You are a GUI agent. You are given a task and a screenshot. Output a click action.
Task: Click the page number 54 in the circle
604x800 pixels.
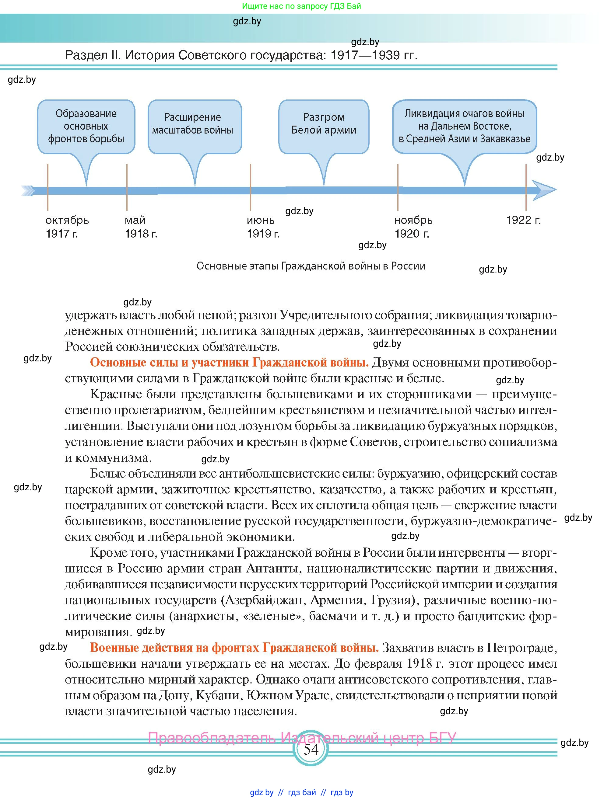coord(311,750)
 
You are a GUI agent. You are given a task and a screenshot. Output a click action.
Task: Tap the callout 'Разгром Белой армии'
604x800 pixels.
coord(324,124)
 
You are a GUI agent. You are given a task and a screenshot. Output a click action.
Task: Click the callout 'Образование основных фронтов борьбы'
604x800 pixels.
coord(86,126)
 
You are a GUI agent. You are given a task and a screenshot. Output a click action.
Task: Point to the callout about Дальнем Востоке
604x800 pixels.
coord(464,126)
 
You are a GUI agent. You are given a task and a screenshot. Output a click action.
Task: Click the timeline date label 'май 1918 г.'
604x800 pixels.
coord(140,227)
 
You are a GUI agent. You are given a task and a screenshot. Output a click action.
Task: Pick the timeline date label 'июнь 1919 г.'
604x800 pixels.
coord(263,227)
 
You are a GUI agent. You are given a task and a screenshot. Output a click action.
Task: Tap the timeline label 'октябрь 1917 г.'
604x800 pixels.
coord(67,227)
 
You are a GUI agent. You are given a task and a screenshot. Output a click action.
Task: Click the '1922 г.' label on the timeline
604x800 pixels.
coord(523,220)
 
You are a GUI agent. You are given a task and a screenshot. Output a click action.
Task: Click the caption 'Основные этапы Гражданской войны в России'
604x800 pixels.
coord(311,266)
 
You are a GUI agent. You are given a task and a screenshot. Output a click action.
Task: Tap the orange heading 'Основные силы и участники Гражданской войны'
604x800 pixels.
coord(229,362)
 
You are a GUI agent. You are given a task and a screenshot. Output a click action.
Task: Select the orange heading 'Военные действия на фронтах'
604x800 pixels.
coord(234,647)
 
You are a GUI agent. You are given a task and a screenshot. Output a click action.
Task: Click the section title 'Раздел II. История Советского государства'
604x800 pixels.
coord(241,55)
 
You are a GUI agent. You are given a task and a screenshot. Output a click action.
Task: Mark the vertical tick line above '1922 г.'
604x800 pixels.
coord(526,177)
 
